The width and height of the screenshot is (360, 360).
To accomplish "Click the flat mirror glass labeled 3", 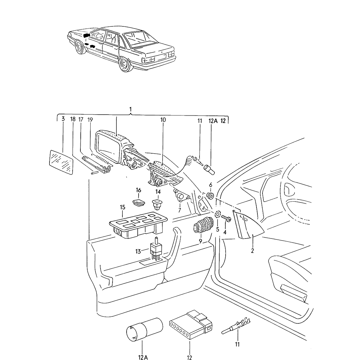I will pos(61,162).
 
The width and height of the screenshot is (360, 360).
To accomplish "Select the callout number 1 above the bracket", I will pos(130,109).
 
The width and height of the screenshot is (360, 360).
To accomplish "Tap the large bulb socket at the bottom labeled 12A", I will pos(143,330).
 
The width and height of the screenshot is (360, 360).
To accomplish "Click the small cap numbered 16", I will pos(138,202).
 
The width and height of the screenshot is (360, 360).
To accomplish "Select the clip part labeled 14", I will pos(157,205).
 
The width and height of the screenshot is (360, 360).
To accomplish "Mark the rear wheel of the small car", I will pos(125,64).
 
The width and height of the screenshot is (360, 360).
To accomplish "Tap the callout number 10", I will pos(163,120).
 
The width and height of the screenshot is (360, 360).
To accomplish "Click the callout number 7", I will pos(179,210).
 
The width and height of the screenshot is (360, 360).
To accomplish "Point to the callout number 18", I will pos(73,119).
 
